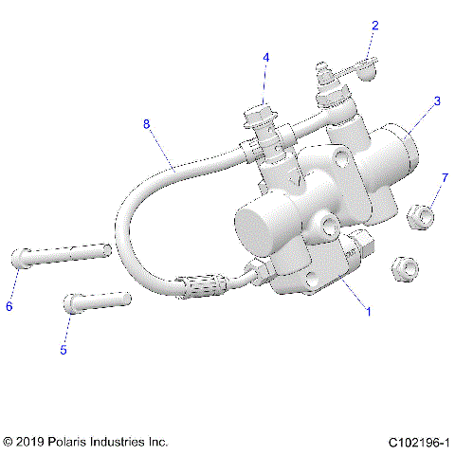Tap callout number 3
pos(437,100)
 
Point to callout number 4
pos(266,58)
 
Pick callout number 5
pos(64,350)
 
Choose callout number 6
pos(9,305)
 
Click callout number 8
pos(146,123)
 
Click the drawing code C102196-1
pos(418,442)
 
